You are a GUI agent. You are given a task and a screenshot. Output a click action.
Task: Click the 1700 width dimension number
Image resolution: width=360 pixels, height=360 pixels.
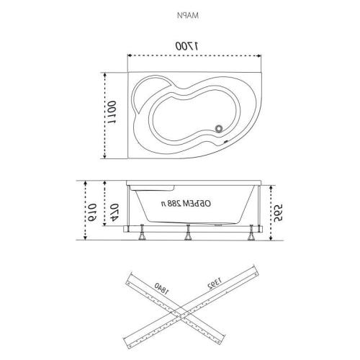(x=187, y=46)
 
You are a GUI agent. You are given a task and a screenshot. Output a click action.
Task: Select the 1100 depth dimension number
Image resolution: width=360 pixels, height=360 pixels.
(x=112, y=112)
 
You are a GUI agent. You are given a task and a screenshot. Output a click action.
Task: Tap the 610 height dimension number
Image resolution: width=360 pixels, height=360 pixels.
(x=92, y=212)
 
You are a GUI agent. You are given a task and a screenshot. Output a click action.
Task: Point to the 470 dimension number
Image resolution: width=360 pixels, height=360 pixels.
(x=114, y=212)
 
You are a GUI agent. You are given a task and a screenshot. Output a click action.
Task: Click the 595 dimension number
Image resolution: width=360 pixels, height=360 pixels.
(x=278, y=213)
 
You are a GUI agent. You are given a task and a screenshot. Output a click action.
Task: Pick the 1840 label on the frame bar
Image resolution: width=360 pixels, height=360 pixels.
(x=161, y=289)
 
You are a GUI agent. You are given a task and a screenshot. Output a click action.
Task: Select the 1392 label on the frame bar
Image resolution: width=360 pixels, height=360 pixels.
(x=215, y=283)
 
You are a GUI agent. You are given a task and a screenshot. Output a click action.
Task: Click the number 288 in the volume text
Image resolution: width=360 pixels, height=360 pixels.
(x=174, y=204)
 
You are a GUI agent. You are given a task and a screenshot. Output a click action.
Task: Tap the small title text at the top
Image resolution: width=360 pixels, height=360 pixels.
(x=188, y=15)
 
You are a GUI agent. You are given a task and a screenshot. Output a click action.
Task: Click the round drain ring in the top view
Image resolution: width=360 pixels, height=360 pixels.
(x=219, y=128)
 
